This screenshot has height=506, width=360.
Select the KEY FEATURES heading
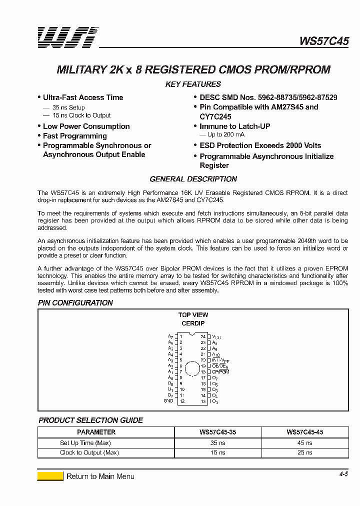(193, 84)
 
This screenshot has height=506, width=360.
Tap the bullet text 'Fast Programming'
(74, 136)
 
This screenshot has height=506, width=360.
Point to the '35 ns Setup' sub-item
(68, 107)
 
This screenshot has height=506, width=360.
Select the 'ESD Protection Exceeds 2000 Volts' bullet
(260, 145)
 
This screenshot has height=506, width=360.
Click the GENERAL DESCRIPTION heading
(193, 179)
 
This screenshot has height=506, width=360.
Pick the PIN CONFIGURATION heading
(75, 303)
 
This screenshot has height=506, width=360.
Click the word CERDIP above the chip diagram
(193, 323)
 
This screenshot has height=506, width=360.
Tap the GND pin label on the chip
(168, 401)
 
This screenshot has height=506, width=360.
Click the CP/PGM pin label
(220, 372)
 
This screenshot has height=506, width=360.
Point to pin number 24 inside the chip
(203, 337)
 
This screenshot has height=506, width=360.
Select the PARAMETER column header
(96, 432)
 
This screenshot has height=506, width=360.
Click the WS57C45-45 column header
(304, 432)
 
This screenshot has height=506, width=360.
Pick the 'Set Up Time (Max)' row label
(85, 443)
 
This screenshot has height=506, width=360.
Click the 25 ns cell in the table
(304, 453)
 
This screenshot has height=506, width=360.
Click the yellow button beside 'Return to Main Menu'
(50, 476)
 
